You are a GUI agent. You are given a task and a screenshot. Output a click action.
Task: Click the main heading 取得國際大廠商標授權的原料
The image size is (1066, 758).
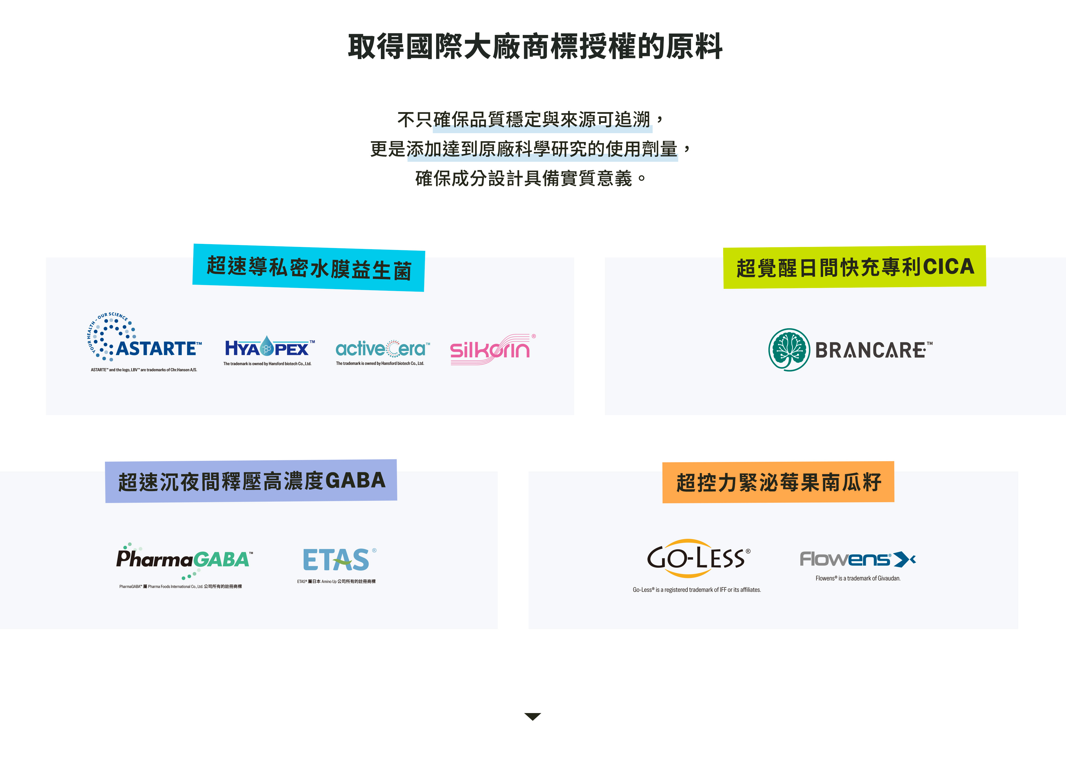[535, 47]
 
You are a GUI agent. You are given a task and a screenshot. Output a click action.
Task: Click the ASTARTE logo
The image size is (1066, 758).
[144, 337]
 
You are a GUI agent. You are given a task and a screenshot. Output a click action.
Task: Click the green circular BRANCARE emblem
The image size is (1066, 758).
[789, 350]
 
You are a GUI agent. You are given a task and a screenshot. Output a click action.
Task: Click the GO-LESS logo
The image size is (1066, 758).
[698, 558]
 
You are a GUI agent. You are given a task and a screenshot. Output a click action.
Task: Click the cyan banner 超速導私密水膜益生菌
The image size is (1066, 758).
[309, 267]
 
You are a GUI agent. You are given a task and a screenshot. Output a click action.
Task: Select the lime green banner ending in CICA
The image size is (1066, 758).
[854, 267]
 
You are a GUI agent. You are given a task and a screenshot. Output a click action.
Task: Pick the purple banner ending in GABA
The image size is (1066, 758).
[251, 481]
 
